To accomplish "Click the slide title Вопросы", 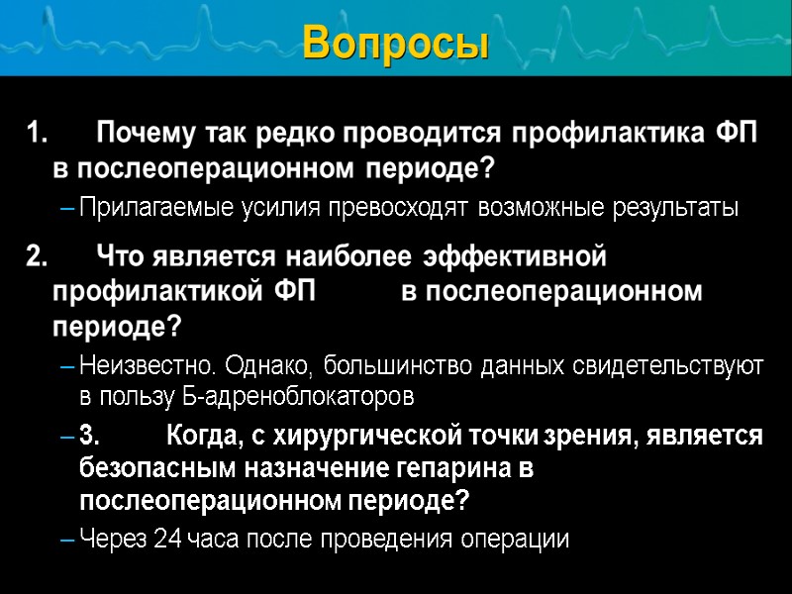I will (x=396, y=43).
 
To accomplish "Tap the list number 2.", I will (x=36, y=257).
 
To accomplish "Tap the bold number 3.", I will (x=89, y=436).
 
